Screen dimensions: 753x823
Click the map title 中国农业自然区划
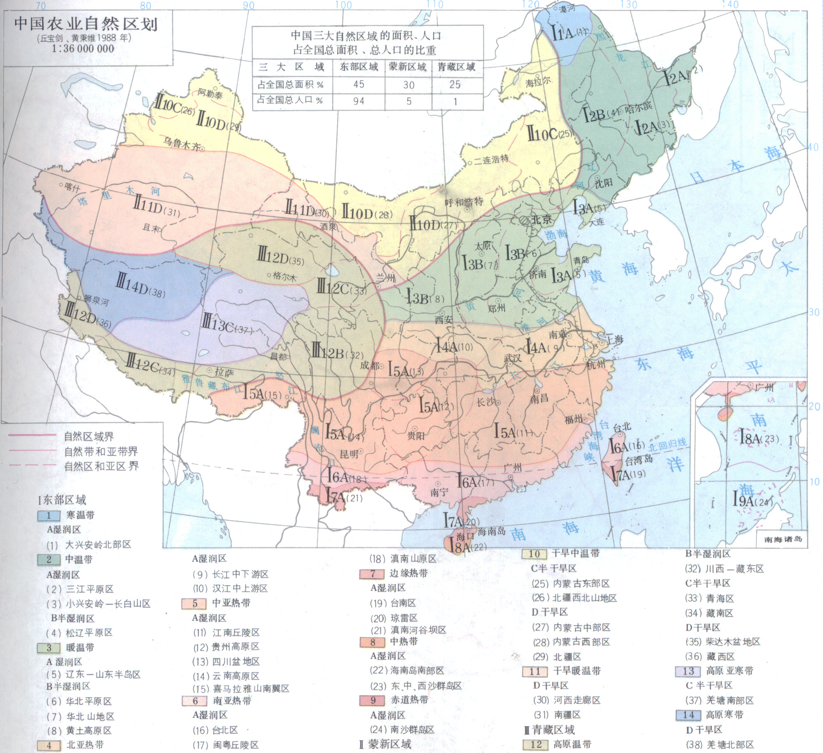[x=86, y=23]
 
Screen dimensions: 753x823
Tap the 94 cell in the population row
[x=359, y=101]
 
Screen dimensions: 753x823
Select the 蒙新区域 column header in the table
[x=408, y=67]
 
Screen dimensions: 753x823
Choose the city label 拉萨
[x=224, y=372]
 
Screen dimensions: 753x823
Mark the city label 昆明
[x=349, y=454]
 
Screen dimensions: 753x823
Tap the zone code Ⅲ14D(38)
[x=141, y=285]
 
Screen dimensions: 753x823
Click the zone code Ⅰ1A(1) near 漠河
[x=569, y=32]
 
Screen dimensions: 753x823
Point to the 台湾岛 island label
[x=639, y=460]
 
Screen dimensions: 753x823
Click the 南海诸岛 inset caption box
[x=783, y=539]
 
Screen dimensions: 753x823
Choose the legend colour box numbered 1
[x=48, y=516]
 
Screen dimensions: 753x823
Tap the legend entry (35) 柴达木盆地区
[x=723, y=642]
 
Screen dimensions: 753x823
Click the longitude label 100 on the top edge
[x=343, y=5]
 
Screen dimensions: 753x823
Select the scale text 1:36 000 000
[x=83, y=48]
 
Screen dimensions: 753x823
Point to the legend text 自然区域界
[x=89, y=436]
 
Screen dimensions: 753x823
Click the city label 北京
[x=541, y=219]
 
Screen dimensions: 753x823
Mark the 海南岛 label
[x=491, y=531]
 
